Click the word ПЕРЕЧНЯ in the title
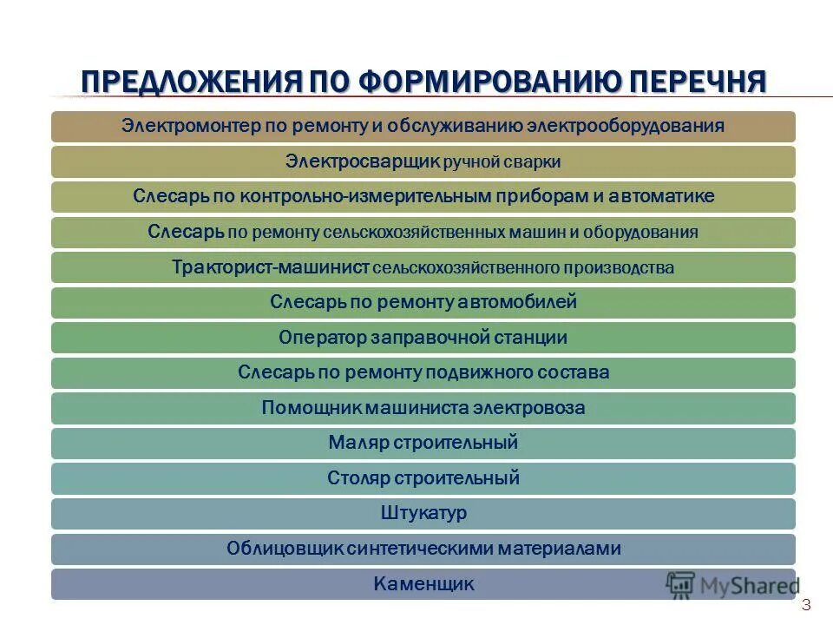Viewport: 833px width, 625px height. pyautogui.click(x=698, y=82)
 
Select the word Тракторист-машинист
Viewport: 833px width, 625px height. pyautogui.click(x=271, y=267)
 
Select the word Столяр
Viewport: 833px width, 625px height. pyautogui.click(x=359, y=477)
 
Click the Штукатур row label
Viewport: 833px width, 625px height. pyautogui.click(x=423, y=513)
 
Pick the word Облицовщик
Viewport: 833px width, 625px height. pyautogui.click(x=284, y=549)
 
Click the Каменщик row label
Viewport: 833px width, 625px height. pyautogui.click(x=423, y=583)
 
